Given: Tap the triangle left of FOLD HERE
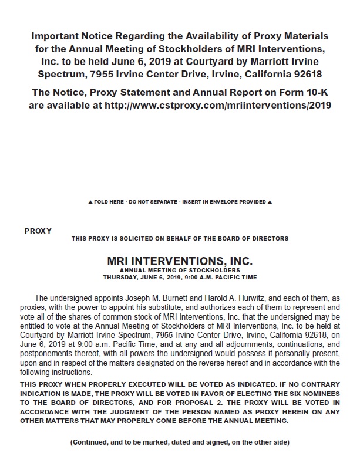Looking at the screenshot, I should point(89,202).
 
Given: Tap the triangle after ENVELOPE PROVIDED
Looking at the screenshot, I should point(269,202).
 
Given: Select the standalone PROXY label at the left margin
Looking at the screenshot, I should point(38,231).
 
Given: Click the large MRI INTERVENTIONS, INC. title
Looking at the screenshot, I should point(180,259).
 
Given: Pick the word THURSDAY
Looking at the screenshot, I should point(121,276).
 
